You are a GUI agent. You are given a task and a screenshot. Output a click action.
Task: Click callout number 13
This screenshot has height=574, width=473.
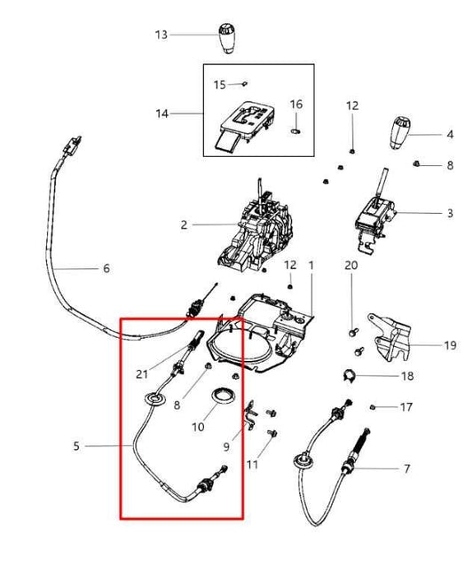tap(161, 35)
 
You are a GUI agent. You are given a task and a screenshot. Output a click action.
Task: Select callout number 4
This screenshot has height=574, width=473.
tap(450, 134)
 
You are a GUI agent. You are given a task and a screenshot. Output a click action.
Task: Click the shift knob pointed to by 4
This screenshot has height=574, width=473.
tap(399, 132)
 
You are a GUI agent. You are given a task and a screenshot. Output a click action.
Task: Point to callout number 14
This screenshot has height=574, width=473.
tap(161, 114)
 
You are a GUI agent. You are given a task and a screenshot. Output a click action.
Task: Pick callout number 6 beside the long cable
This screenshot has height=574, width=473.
tap(106, 268)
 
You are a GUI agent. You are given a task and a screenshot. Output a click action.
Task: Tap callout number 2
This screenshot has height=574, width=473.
tap(184, 224)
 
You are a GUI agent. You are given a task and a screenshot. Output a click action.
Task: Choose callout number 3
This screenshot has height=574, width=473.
tap(450, 213)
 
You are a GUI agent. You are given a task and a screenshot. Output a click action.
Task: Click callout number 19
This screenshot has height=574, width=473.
tap(450, 344)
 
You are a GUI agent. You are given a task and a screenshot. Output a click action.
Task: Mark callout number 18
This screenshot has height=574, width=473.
tap(407, 376)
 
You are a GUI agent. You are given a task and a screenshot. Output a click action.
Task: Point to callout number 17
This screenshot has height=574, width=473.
tap(407, 408)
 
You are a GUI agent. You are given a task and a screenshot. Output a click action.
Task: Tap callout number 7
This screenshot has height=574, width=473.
tap(407, 468)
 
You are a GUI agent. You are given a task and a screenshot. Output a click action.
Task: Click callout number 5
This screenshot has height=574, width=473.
tap(77, 446)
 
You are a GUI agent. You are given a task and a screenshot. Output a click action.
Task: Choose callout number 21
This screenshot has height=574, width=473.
tap(142, 373)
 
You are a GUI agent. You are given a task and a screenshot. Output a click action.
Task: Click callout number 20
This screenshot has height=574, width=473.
tap(351, 265)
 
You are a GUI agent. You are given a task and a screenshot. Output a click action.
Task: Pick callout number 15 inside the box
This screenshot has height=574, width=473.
tap(219, 84)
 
